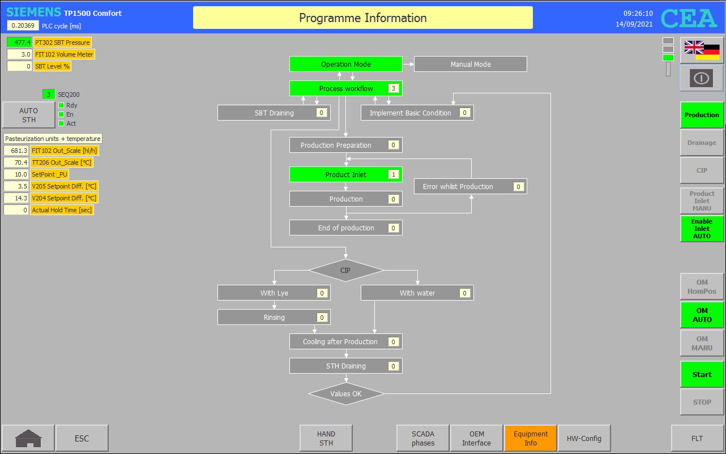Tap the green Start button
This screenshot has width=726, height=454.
[702, 374]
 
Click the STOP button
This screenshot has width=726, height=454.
[702, 402]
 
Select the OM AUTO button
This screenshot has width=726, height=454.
[702, 315]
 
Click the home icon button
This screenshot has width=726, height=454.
[28, 438]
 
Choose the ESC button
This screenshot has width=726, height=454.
[82, 438]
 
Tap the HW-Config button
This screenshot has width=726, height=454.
[584, 438]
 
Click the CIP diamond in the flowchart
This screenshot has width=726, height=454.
[346, 270]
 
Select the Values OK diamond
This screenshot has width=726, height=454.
[346, 394]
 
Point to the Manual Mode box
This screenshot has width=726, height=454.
[471, 64]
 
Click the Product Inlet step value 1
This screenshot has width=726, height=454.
[394, 174]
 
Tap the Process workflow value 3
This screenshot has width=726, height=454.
[394, 88]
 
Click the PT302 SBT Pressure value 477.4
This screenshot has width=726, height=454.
[19, 42]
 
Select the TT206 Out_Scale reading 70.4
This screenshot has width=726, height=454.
[16, 162]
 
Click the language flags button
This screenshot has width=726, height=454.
[702, 50]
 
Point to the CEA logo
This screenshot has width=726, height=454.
[689, 18]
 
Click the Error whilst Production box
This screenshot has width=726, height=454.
[471, 186]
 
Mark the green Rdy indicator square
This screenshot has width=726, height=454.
[61, 105]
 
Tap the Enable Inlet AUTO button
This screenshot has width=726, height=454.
[702, 229]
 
